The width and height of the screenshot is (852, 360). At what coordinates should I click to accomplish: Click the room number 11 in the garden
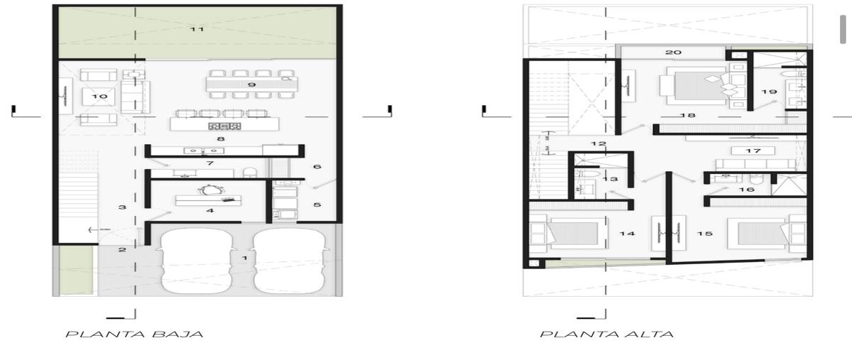[x=197, y=29]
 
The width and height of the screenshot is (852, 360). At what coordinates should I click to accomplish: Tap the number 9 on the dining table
[x=252, y=84]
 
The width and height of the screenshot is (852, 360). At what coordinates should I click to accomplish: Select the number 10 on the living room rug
[x=99, y=97]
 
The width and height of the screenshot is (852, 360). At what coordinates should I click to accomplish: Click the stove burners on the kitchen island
[x=224, y=126]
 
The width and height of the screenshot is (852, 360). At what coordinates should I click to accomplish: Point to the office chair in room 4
[x=208, y=190]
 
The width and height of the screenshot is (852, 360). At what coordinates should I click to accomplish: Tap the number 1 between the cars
[x=245, y=258]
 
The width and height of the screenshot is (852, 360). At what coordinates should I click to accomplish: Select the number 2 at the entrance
[x=122, y=250]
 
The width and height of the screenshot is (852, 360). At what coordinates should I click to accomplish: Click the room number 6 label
[x=317, y=167]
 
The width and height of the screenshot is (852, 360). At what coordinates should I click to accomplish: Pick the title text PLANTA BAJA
[x=135, y=334]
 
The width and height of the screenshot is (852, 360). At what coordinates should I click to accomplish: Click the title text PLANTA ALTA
[x=606, y=334]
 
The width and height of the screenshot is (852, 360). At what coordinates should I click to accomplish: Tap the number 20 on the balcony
[x=673, y=52]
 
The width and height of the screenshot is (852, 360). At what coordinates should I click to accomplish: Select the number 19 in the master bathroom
[x=769, y=92]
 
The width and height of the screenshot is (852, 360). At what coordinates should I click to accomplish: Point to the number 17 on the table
[x=753, y=151]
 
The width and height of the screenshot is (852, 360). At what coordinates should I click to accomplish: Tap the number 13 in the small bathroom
[x=610, y=179]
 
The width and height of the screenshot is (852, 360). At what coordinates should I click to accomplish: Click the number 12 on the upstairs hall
[x=599, y=144]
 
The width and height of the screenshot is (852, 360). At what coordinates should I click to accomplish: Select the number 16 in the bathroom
[x=746, y=190]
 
